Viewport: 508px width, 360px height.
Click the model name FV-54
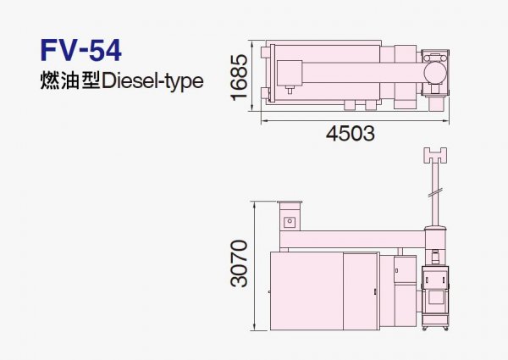(81, 50)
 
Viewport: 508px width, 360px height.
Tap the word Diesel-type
(152, 81)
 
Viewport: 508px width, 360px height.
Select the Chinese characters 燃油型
(69, 80)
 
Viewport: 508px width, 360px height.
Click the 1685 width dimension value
(239, 77)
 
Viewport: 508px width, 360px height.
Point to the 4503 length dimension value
(351, 133)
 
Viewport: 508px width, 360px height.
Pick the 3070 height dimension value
(239, 263)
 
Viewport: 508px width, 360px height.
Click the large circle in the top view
(434, 73)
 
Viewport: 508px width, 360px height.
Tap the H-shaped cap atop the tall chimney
(436, 156)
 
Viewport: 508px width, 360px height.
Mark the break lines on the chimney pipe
(435, 192)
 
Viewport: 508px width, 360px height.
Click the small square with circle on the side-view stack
(290, 222)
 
